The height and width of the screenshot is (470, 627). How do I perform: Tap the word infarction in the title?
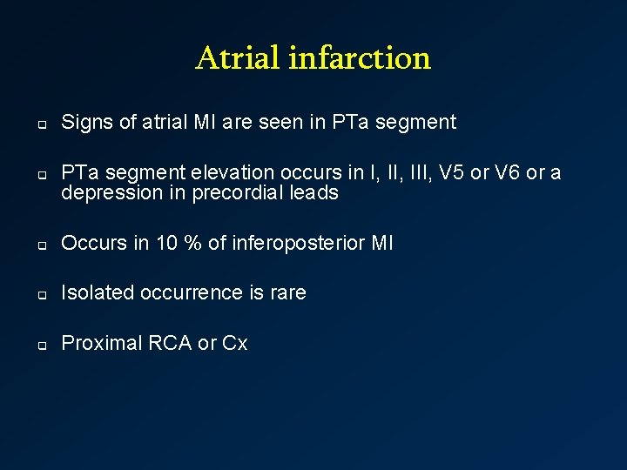point(359,58)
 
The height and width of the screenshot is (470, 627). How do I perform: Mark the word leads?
point(313,193)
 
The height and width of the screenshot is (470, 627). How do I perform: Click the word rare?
point(287,293)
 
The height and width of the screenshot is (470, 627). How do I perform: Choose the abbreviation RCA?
point(170,344)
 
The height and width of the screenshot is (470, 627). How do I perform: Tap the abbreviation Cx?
point(235,344)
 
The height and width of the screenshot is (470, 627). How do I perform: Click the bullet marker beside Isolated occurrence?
point(40,294)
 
